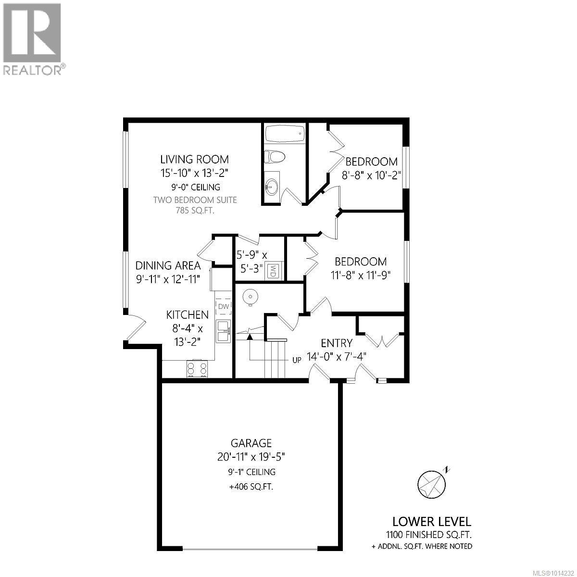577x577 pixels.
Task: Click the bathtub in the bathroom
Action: (x=285, y=134)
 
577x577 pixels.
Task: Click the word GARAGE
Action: (x=251, y=443)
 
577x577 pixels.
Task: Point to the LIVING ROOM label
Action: (x=194, y=159)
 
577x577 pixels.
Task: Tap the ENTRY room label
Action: (x=337, y=343)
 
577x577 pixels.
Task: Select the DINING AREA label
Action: (x=168, y=265)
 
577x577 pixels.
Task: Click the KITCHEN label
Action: (x=187, y=315)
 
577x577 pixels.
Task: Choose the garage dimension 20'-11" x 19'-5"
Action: (x=251, y=457)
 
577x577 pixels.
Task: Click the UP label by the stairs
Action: (x=297, y=359)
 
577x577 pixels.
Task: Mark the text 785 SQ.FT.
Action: (x=194, y=210)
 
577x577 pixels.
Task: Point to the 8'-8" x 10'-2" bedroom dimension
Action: (x=371, y=174)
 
